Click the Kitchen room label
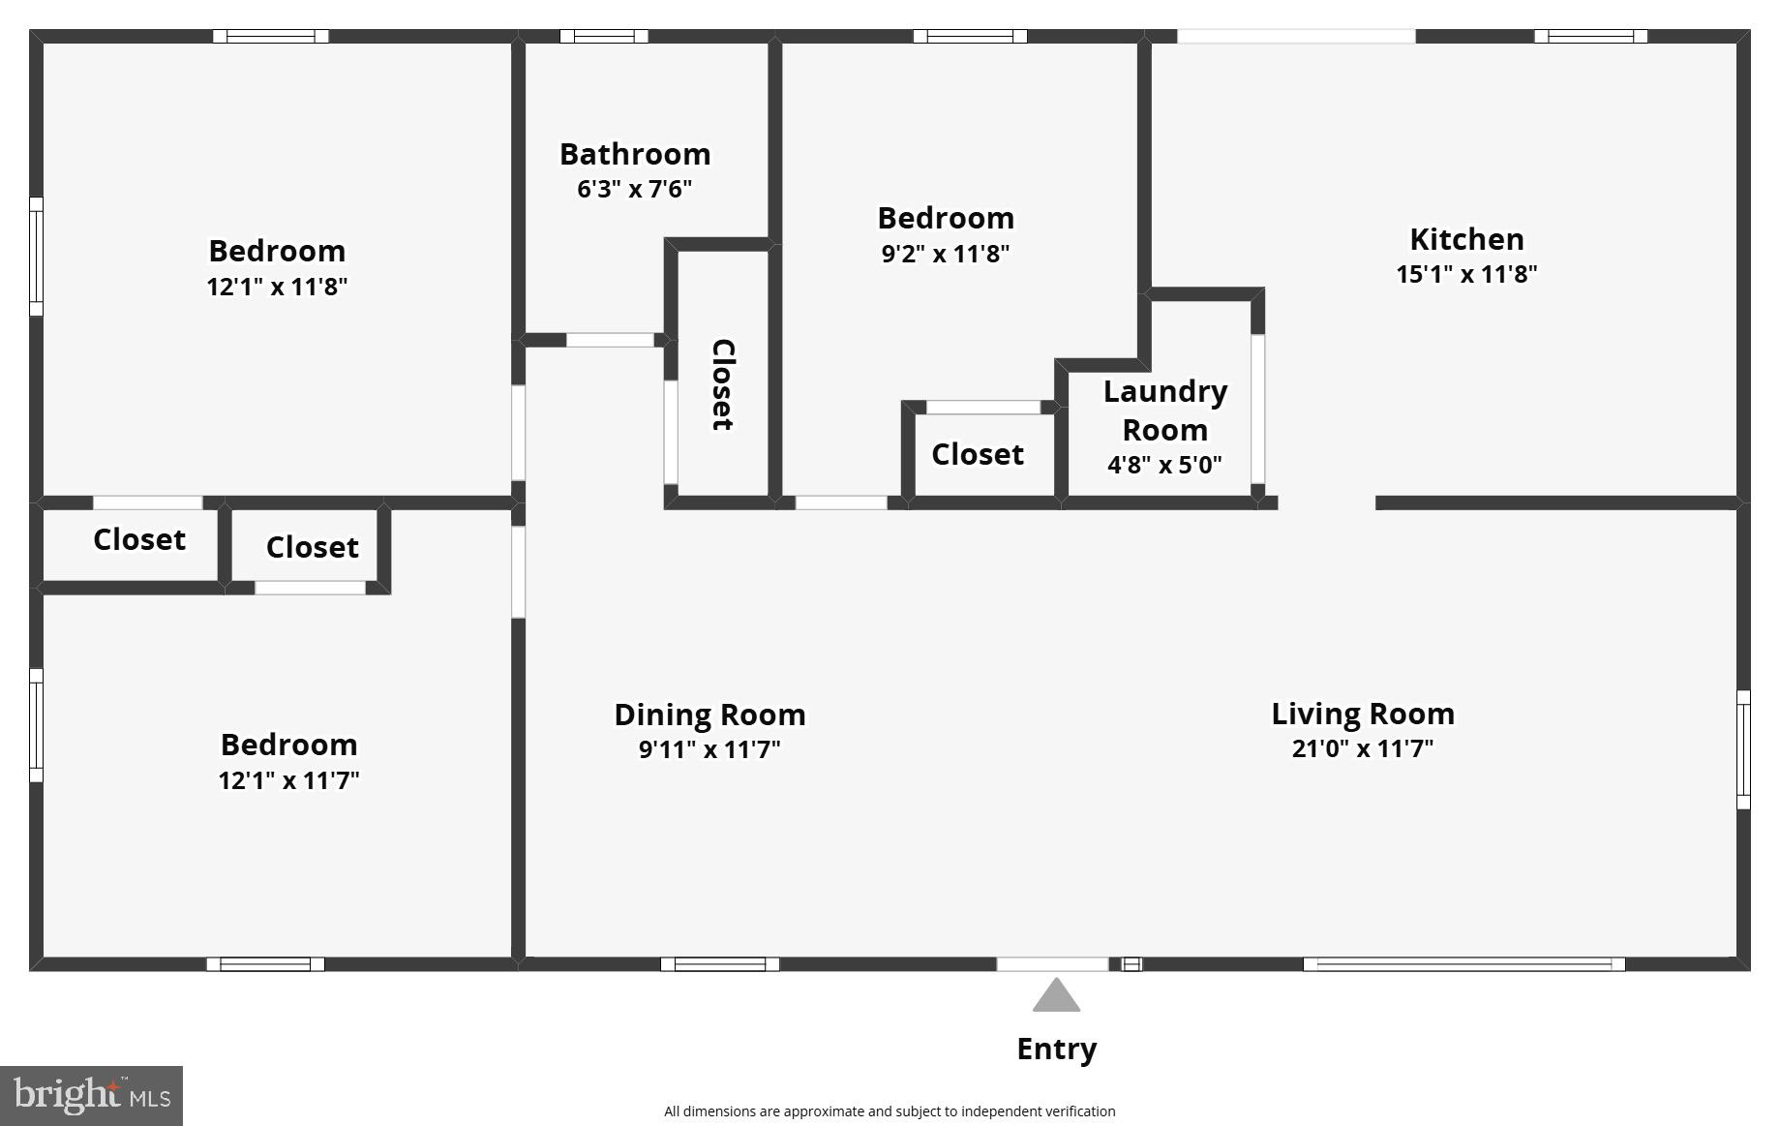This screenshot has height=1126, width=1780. point(1465,239)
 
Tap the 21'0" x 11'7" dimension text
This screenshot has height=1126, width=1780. point(1362,748)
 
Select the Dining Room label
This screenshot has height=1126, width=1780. point(709,715)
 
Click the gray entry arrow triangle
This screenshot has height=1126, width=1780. point(1056,996)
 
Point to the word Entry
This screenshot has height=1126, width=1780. point(1056,1049)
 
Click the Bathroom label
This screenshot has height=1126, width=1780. point(635,154)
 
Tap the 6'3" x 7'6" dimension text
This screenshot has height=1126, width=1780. point(635,189)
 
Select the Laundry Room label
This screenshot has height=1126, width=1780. point(1164,411)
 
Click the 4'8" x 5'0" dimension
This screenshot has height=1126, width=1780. point(1164,465)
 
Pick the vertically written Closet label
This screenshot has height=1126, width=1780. point(723,384)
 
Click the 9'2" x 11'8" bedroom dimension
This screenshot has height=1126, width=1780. point(946,254)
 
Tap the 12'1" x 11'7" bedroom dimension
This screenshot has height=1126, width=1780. point(288,780)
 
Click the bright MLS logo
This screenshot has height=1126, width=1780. point(91,1096)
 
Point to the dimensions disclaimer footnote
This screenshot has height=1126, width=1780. point(890,1111)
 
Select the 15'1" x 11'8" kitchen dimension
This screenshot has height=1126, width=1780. point(1465,274)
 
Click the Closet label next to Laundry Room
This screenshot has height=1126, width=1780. point(978,454)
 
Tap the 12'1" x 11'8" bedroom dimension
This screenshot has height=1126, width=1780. point(277,287)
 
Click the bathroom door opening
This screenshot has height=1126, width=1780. point(610,340)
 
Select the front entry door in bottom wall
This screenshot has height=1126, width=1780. point(1053,964)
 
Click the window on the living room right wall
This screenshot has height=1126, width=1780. point(1743,749)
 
